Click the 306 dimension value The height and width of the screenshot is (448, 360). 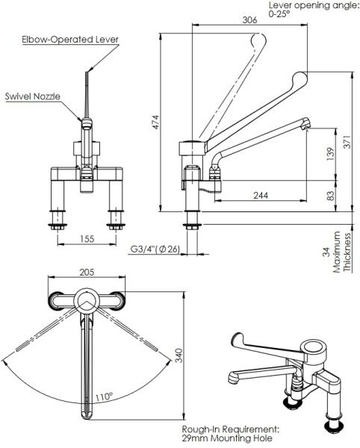[249, 20]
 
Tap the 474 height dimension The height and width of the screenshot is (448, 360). [155, 122]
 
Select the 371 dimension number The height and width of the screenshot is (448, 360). [347, 141]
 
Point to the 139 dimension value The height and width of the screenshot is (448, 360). [330, 154]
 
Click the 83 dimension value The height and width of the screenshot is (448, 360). [330, 196]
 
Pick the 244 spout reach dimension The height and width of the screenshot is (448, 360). [261, 195]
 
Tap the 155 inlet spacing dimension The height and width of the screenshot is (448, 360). [87, 239]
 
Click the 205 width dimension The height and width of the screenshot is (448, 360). [87, 272]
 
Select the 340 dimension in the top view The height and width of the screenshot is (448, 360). [179, 355]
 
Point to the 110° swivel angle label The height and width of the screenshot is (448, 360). [104, 397]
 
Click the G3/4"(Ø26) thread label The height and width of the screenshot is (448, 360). [155, 249]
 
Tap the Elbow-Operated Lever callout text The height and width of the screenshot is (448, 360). [70, 40]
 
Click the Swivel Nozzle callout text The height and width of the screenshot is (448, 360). [33, 96]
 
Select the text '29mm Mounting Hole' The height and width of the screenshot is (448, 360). [227, 438]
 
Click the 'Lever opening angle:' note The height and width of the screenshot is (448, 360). [314, 5]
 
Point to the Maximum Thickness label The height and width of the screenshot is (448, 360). [342, 252]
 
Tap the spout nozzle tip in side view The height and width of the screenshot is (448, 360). [306, 125]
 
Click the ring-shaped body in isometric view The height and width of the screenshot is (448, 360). [313, 348]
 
